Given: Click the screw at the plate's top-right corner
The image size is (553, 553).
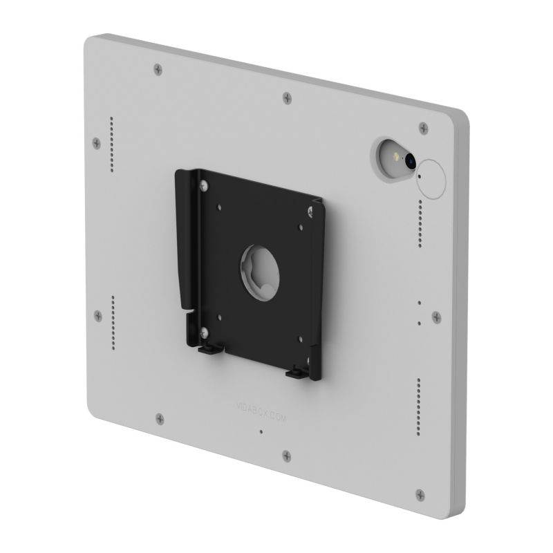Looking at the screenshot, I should (423, 127).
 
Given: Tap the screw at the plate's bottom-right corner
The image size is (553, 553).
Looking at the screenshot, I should (420, 494).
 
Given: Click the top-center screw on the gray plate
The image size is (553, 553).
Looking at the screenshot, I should (287, 97).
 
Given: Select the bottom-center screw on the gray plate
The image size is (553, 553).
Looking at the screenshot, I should (285, 455).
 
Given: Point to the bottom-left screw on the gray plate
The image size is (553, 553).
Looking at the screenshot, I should (160, 418).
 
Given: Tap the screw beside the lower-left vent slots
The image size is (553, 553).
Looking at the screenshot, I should (97, 316).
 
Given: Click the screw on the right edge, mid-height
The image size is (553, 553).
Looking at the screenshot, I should (436, 317).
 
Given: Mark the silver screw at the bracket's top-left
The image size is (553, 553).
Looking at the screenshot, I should (204, 185).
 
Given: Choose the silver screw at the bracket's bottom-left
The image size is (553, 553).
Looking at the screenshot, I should (204, 334).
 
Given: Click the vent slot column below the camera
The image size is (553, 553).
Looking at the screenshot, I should (418, 220).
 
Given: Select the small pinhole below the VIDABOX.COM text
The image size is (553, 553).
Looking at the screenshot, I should (260, 432).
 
